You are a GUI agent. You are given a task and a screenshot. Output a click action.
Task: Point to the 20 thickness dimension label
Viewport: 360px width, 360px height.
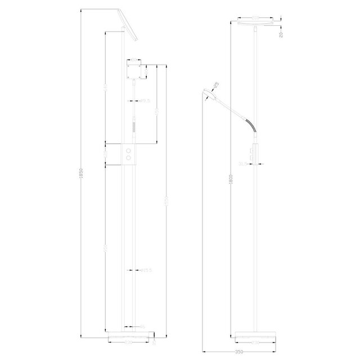pyautogui.click(x=280, y=33)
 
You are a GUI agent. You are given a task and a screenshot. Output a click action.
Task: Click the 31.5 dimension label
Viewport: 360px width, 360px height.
pyautogui.click(x=244, y=164)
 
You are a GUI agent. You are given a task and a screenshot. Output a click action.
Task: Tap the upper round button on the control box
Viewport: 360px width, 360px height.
pyautogui.click(x=131, y=151)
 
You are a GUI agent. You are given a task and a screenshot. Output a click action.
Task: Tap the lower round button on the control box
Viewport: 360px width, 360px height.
pyautogui.click(x=131, y=159)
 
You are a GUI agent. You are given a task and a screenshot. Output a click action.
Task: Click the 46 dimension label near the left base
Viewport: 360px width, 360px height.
pyautogui.click(x=142, y=326)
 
